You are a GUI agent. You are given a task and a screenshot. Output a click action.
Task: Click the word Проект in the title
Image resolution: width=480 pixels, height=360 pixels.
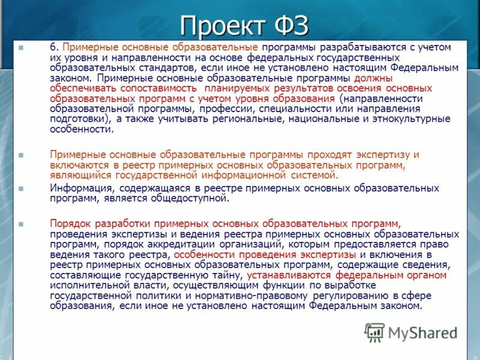tap(221, 26)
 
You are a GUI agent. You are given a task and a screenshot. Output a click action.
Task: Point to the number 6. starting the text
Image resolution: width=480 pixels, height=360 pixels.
tap(55, 47)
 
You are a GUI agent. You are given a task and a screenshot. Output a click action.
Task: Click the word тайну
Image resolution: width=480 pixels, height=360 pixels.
tap(224, 275)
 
